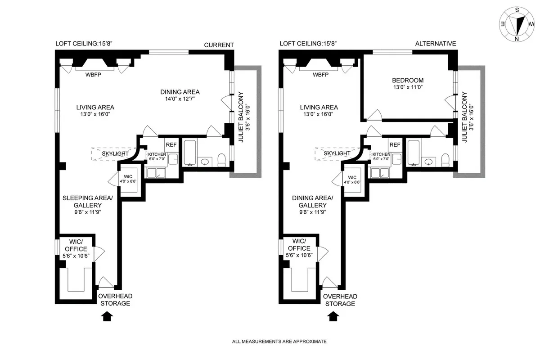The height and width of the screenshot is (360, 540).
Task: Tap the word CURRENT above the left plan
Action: click(x=219, y=45)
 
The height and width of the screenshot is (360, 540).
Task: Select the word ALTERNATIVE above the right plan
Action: click(x=435, y=44)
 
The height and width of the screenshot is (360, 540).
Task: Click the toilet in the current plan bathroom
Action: click(x=221, y=160)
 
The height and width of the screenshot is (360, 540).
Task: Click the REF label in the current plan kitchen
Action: click(x=171, y=145)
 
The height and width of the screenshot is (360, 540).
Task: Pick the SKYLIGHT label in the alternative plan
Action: click(x=337, y=153)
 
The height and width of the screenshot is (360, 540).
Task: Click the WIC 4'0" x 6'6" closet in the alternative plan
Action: click(x=352, y=180)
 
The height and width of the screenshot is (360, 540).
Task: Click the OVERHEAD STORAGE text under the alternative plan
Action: click(x=340, y=300)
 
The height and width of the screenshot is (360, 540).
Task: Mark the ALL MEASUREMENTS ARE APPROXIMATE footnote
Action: click(x=279, y=342)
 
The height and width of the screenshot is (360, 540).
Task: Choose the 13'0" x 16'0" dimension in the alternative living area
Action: click(x=319, y=114)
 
